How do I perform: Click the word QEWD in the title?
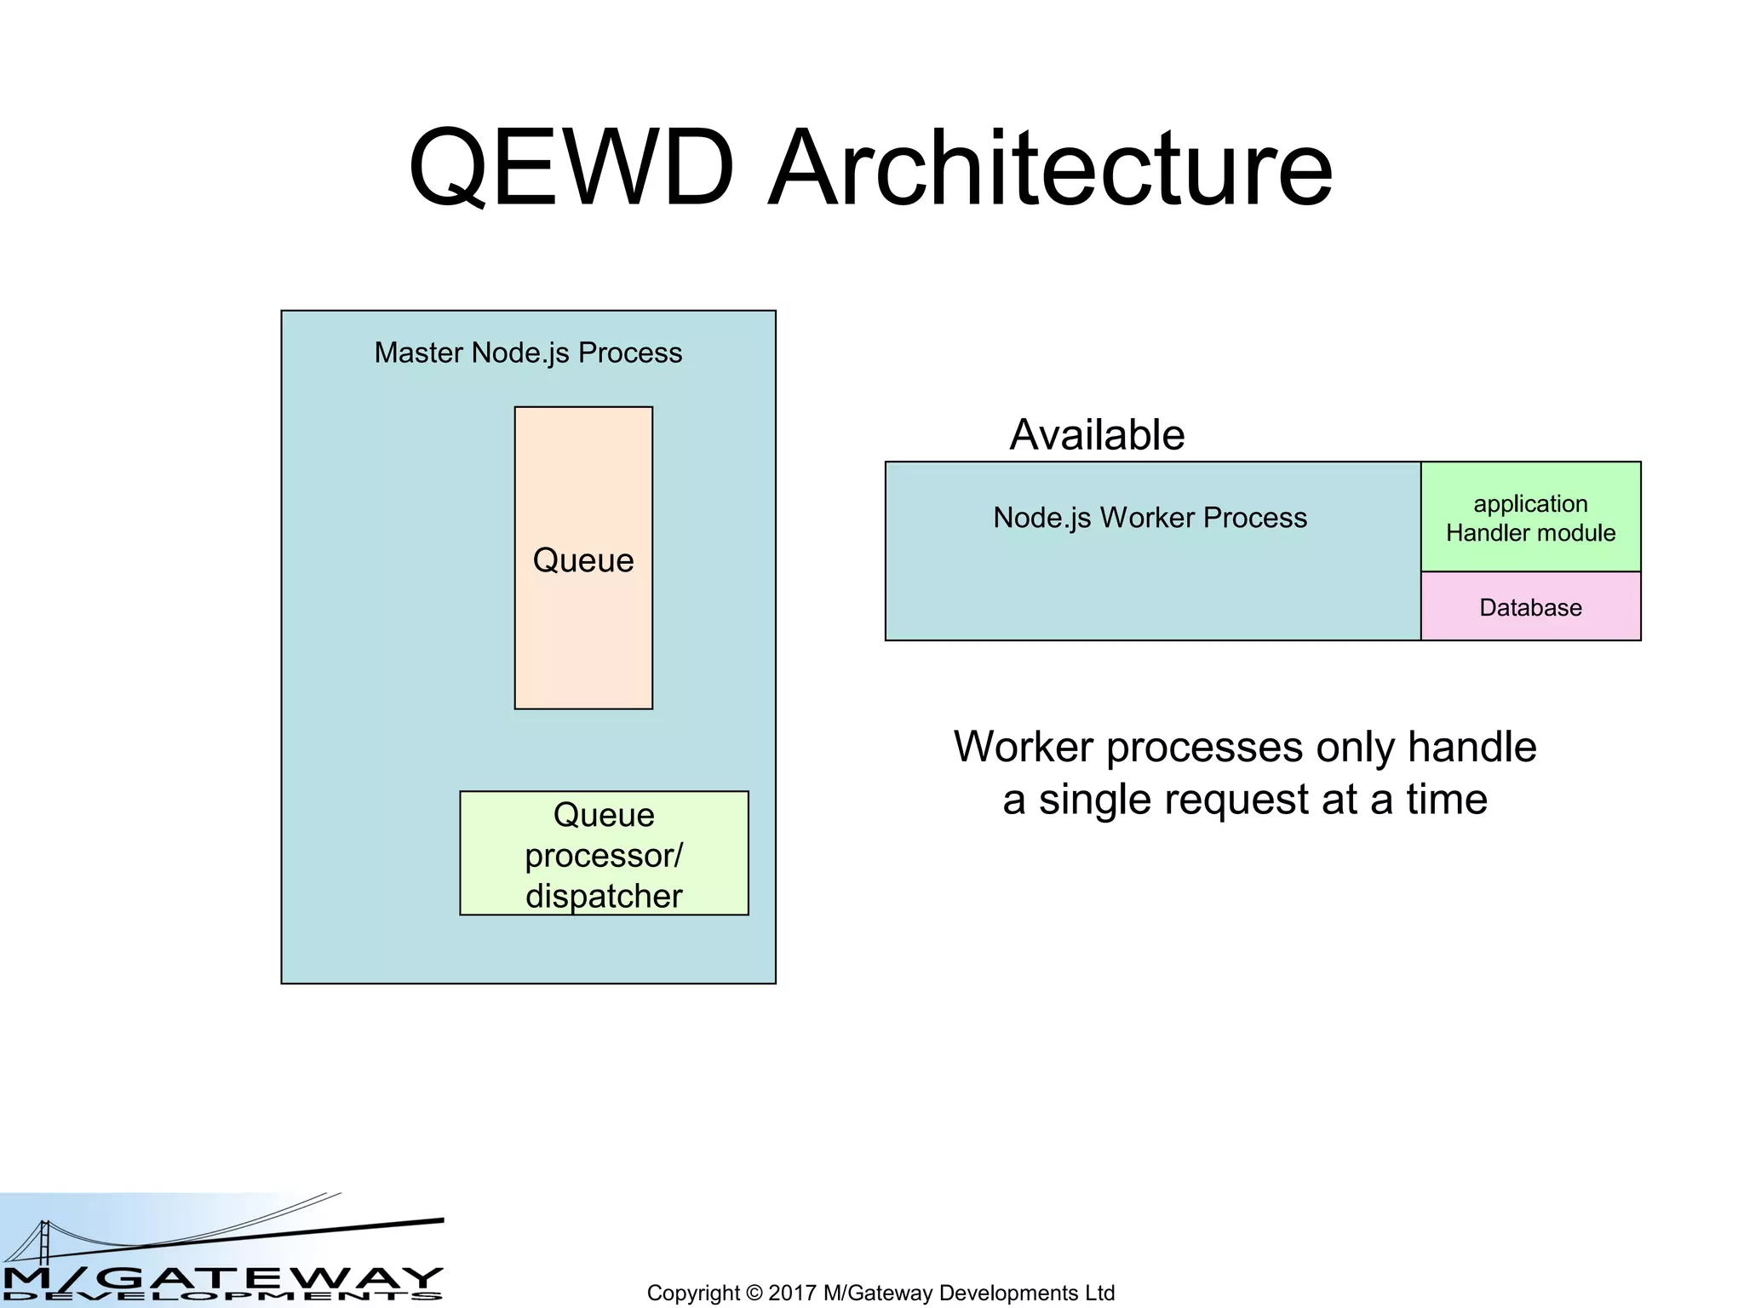[x=571, y=168]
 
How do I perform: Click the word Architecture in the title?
[x=1050, y=168]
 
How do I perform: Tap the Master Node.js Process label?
[x=528, y=353]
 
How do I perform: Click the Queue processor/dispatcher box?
[x=604, y=853]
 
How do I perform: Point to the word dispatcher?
[x=604, y=896]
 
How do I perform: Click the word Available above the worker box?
[x=1097, y=435]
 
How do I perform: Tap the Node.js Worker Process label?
[x=1150, y=518]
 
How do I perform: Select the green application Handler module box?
[x=1530, y=517]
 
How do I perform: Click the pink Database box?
[x=1530, y=607]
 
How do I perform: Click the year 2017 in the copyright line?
[x=791, y=1293]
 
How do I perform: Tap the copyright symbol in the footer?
[x=754, y=1293]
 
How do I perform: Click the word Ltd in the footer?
[x=1099, y=1293]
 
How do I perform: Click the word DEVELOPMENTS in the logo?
[x=221, y=1297]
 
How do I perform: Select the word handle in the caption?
[x=1471, y=747]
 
